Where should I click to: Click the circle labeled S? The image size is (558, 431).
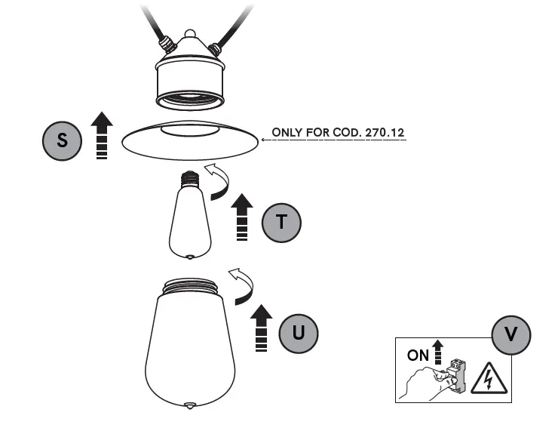click(x=63, y=140)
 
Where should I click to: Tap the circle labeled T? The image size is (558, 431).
click(x=281, y=222)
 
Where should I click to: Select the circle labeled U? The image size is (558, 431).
click(x=299, y=332)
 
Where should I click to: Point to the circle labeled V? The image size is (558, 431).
click(x=511, y=334)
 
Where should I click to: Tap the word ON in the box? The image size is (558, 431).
click(x=418, y=356)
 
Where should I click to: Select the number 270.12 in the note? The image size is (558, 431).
click(x=385, y=133)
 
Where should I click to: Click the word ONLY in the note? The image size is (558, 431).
click(x=287, y=133)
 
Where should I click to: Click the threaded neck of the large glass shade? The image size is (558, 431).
click(x=192, y=286)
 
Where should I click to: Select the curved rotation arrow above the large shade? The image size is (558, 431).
click(x=243, y=285)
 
